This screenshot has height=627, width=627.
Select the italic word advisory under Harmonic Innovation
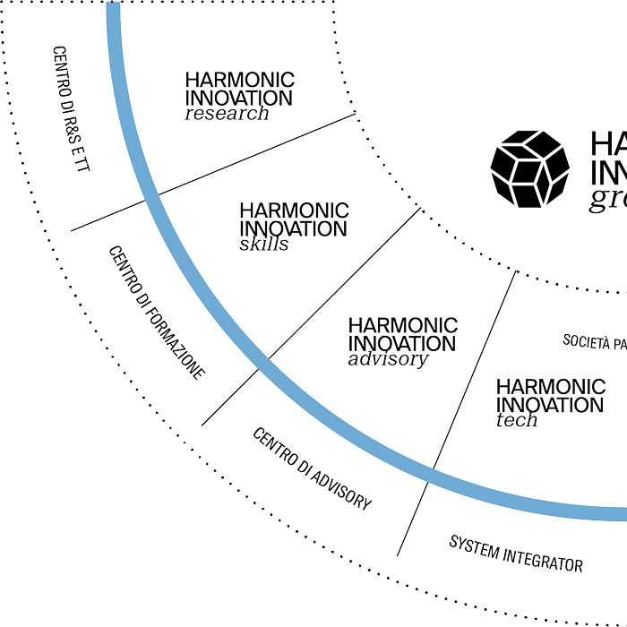tap(387, 360)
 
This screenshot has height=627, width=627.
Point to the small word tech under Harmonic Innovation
tap(518, 421)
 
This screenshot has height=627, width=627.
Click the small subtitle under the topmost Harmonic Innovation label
tap(227, 115)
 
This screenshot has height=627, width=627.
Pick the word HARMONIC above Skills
tap(295, 209)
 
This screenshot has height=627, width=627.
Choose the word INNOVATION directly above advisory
tap(401, 343)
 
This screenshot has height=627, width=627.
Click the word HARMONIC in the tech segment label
tap(551, 387)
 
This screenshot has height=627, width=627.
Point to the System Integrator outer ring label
tap(515, 557)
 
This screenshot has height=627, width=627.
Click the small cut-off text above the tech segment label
tap(593, 340)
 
